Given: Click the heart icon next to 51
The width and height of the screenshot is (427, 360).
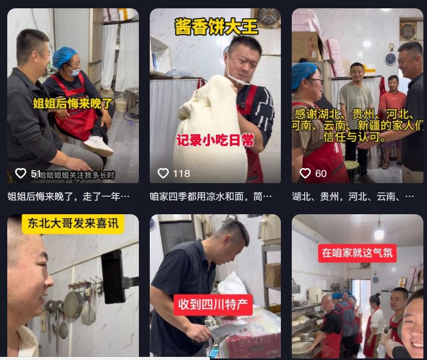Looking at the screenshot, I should (20, 173).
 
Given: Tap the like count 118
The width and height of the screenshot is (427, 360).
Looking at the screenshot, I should (181, 173).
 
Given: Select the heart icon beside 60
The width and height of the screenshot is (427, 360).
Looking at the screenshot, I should (305, 173).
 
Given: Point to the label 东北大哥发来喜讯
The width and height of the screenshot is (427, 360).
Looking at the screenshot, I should (73, 224).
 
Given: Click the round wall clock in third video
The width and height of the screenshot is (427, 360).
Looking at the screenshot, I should (390, 59).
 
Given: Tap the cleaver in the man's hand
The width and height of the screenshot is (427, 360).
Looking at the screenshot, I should (228, 330).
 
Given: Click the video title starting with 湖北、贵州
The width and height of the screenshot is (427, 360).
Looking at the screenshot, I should (352, 197).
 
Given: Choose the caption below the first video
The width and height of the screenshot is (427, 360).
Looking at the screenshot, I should (68, 197).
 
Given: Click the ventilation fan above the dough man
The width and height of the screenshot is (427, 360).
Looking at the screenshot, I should (268, 17).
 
